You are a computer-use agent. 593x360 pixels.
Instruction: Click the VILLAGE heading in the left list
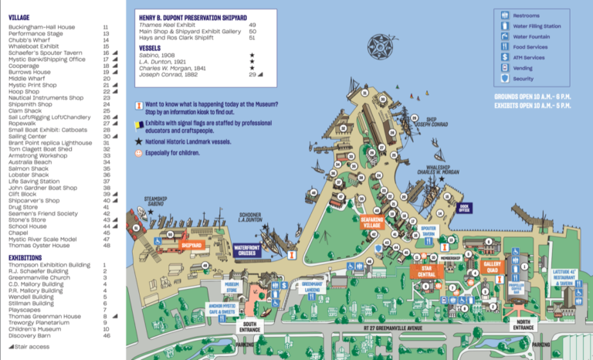pos(21,16)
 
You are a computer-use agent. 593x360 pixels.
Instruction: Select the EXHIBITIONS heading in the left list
pos(27,257)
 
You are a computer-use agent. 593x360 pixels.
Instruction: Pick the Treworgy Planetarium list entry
pos(39,322)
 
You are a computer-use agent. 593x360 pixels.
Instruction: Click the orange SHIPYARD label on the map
pos(191,245)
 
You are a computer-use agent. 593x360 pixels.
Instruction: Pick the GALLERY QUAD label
pos(493,267)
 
